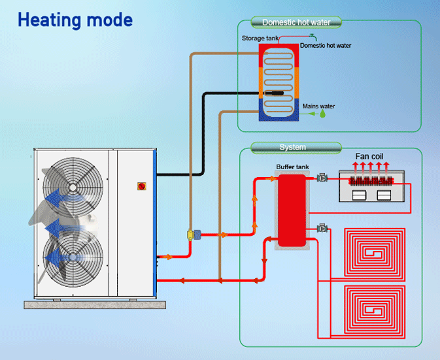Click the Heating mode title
coord(75,20)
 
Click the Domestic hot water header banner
coord(301,22)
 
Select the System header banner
coord(292,147)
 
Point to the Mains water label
coord(318,106)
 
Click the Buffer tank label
coord(292,167)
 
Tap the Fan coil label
coord(369,157)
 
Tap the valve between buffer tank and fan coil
coord(322,178)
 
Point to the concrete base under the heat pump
coord(95,304)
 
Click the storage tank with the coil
coord(279,82)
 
